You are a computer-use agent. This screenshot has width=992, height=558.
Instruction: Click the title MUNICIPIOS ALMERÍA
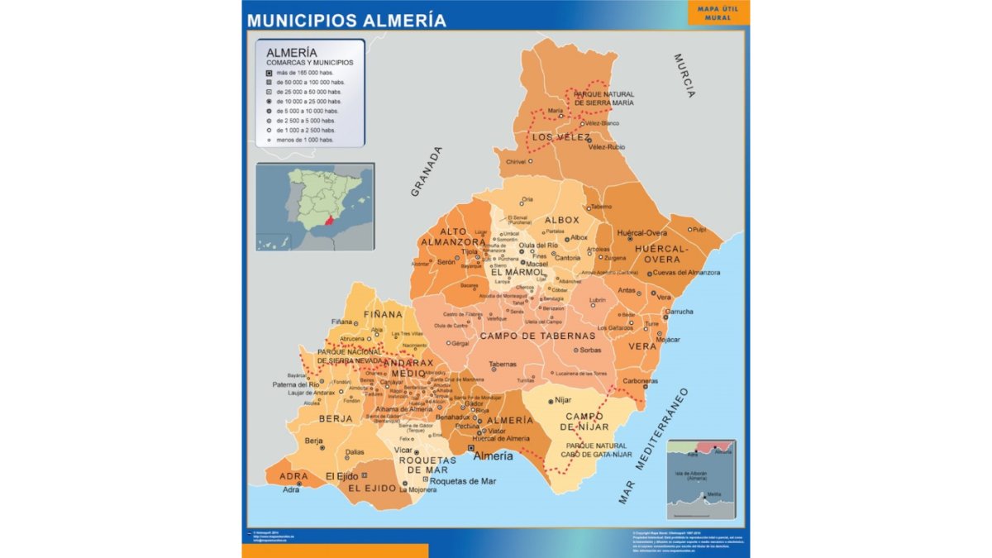click(x=346, y=20)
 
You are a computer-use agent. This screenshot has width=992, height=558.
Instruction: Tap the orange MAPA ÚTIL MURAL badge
click(x=718, y=12)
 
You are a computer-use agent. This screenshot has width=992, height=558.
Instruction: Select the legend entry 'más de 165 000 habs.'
click(x=310, y=73)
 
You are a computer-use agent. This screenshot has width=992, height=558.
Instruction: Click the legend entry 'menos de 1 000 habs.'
click(x=305, y=140)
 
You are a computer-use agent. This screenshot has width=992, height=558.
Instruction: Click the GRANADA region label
click(x=427, y=172)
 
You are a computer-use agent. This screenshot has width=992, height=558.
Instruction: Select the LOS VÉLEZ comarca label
click(x=561, y=137)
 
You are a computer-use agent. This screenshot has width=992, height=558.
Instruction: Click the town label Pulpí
click(x=699, y=229)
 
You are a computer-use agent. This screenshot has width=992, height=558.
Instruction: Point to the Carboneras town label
click(x=641, y=381)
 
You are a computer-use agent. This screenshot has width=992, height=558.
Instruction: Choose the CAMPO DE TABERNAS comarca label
click(x=537, y=336)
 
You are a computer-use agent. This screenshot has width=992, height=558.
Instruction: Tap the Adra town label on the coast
click(x=291, y=489)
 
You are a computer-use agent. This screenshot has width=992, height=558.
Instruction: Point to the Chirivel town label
click(x=515, y=162)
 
